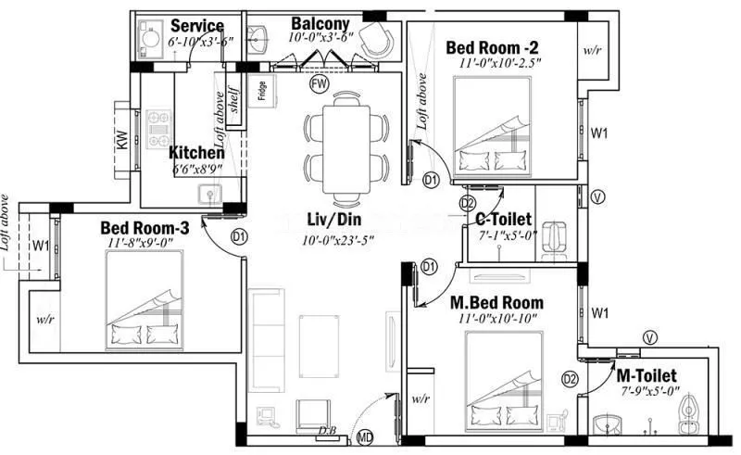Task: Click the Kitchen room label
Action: coord(195,152)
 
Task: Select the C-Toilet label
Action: coord(503,219)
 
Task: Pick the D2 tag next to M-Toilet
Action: coord(571,378)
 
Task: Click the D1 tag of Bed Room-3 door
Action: coord(240,237)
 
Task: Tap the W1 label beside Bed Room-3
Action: coord(40,246)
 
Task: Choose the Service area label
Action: coord(196,26)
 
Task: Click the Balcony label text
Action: coord(320,22)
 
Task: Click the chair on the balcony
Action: coord(376,39)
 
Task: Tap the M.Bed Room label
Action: coord(496,303)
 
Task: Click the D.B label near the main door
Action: coord(327,430)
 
